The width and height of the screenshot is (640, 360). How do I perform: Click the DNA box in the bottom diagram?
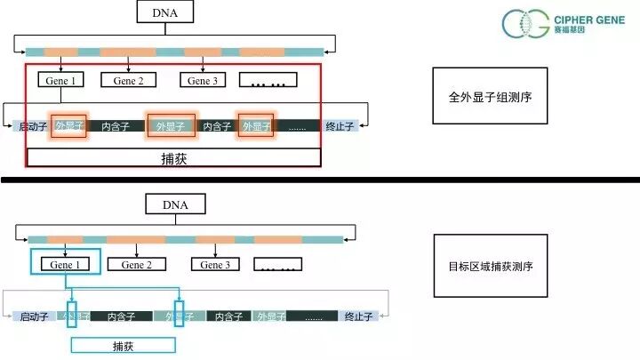pyautogui.click(x=175, y=204)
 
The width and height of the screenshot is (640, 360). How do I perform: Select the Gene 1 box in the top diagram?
pyautogui.click(x=60, y=81)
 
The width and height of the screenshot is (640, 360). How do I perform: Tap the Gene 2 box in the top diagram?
pyautogui.click(x=128, y=81)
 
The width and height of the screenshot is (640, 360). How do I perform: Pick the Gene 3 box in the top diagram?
pyautogui.click(x=204, y=81)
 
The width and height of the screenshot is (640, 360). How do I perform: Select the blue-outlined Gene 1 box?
pyautogui.click(x=65, y=264)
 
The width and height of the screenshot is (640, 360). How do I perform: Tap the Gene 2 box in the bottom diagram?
pyautogui.click(x=137, y=264)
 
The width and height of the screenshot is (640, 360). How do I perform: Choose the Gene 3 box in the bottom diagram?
pyautogui.click(x=214, y=264)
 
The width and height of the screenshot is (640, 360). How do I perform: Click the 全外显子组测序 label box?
pyautogui.click(x=488, y=97)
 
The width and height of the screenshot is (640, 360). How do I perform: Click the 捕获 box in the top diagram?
pyautogui.click(x=173, y=158)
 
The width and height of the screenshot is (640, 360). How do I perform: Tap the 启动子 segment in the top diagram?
pyautogui.click(x=34, y=126)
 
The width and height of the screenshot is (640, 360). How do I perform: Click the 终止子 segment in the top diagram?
pyautogui.click(x=340, y=126)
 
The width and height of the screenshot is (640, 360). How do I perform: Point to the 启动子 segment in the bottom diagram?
pyautogui.click(x=36, y=316)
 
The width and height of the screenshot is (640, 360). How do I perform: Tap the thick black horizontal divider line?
pyautogui.click(x=320, y=180)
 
